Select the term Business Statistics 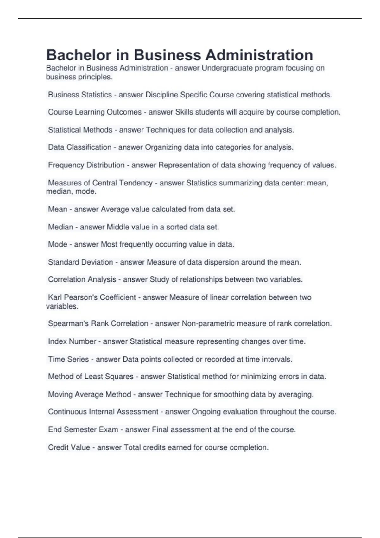tap(80, 95)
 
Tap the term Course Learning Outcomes tap(95, 112)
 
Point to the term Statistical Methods tap(80, 130)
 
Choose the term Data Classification tap(79, 147)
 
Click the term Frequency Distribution tap(86, 165)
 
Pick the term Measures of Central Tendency tap(100, 183)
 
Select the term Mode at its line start tap(58, 244)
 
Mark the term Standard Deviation tap(80, 262)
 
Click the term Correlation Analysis tap(82, 279)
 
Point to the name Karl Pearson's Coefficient tap(92, 297)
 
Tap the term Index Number tap(72, 341)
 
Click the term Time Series tap(68, 359)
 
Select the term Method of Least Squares tap(91, 377)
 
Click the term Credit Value tap(69, 447)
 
